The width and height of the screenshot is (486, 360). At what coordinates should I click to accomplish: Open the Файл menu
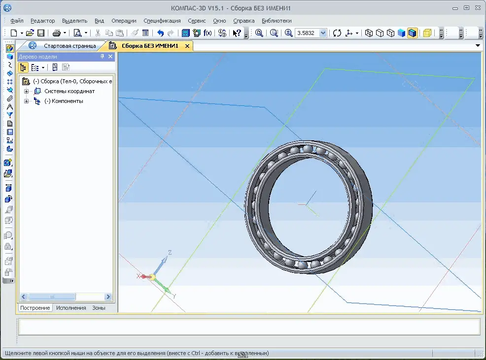(x=17, y=21)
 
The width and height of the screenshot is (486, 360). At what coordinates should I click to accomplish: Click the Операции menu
(x=124, y=21)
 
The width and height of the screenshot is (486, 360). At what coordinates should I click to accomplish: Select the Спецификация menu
(x=162, y=21)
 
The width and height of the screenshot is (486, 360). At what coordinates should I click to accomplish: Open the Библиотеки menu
(x=277, y=21)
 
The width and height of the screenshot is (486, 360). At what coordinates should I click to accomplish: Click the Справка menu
(x=243, y=21)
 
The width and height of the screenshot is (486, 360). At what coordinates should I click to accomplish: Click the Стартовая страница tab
(x=69, y=46)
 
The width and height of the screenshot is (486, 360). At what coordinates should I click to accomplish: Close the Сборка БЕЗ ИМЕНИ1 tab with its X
(x=187, y=46)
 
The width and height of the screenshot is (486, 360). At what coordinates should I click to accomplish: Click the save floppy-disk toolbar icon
(x=41, y=33)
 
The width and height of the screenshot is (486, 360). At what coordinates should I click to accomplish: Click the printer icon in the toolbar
(x=56, y=33)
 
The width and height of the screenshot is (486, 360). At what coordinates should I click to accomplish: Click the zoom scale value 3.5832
(x=306, y=33)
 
